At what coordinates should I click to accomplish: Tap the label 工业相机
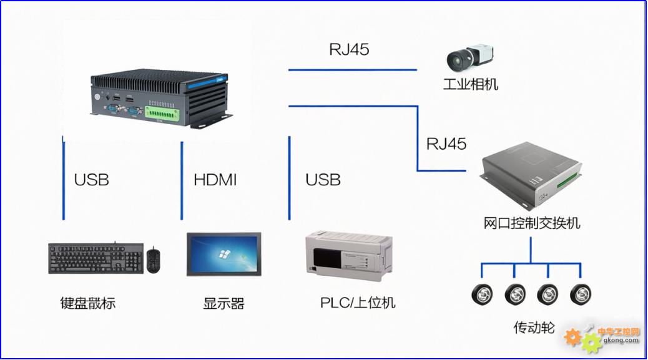(471, 84)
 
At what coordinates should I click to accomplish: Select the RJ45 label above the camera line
(349, 49)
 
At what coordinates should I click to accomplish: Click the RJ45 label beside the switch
(446, 144)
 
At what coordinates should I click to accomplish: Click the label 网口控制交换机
(532, 223)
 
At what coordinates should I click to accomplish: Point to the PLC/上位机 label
(358, 303)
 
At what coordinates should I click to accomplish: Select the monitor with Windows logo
(223, 254)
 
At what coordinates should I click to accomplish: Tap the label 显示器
(223, 304)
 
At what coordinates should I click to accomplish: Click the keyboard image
(96, 258)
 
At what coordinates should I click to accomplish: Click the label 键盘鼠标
(88, 304)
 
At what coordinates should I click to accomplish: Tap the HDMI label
(215, 180)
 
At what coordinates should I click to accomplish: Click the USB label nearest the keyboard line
(92, 180)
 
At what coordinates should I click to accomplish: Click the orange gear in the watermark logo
(572, 337)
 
